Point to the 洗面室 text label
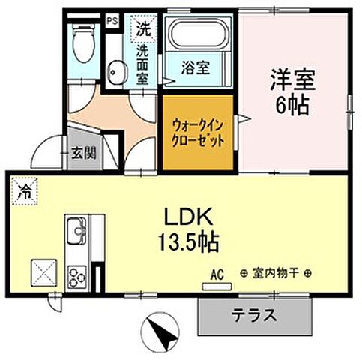tap(142, 64)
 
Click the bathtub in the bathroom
tap(200, 35)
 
